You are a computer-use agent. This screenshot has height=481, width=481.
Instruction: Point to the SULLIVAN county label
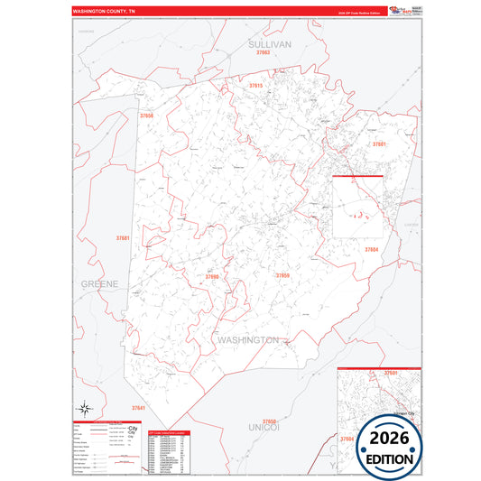pos(271,42)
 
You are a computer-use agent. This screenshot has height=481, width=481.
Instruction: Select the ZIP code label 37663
pos(264,52)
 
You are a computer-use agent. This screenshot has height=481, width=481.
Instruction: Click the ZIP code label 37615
pos(254,85)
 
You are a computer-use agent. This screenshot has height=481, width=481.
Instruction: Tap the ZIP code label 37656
pos(147,116)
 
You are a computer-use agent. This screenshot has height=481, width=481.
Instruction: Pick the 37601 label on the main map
pos(380,143)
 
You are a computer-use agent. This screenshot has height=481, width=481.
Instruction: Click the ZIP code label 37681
pos(123,237)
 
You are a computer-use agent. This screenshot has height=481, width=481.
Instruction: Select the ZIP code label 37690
pos(211,276)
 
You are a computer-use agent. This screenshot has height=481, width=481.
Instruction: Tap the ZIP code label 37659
pos(282,274)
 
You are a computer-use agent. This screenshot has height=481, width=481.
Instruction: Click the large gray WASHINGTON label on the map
pos(247,339)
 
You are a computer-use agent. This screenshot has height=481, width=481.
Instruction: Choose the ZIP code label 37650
pos(269,421)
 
